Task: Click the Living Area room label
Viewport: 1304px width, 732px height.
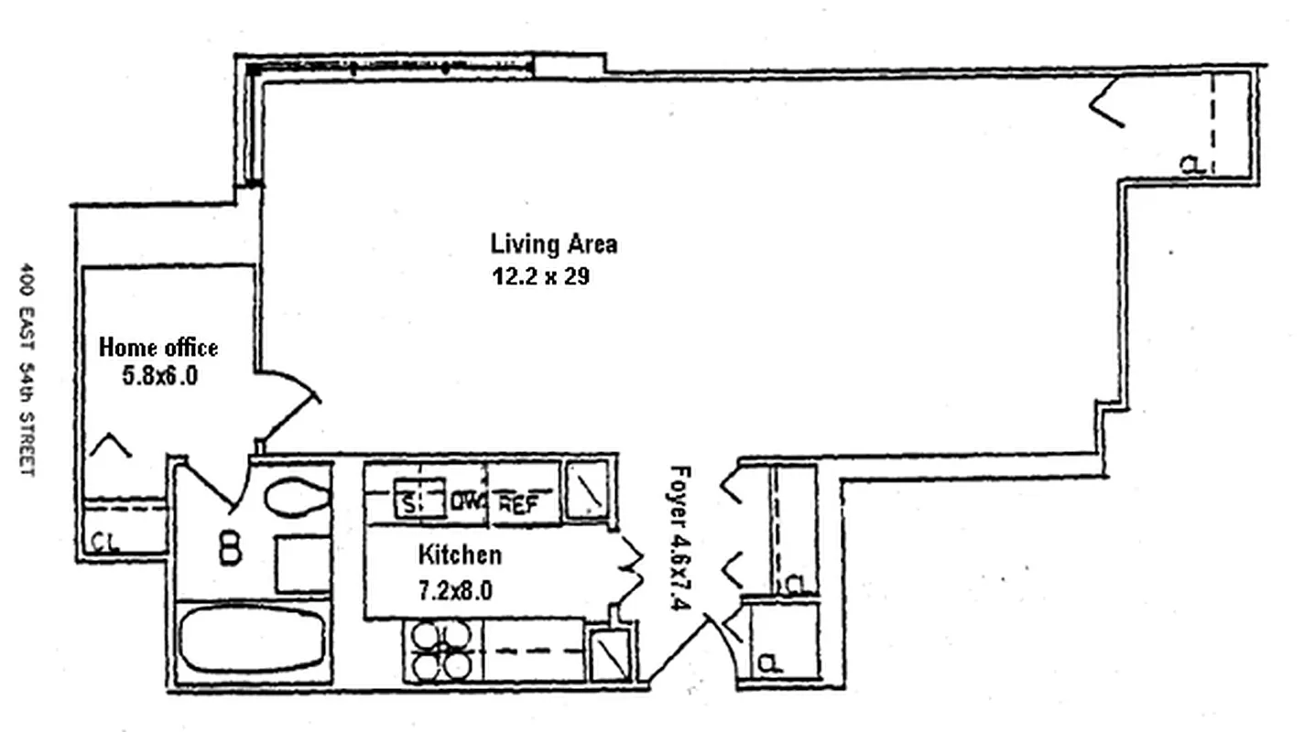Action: coord(554,243)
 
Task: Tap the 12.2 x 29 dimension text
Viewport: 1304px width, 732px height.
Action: coord(541,275)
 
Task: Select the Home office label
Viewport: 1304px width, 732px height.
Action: coord(158,348)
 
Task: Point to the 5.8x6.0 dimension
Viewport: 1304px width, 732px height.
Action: coord(160,376)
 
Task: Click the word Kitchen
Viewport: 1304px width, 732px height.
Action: coord(460,554)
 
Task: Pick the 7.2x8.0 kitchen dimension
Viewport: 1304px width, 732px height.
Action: coord(456,590)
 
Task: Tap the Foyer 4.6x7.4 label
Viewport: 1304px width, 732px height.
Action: coord(680,538)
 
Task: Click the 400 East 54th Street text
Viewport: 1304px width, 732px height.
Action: coord(27,370)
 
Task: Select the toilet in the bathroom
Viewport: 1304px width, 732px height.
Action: coord(298,498)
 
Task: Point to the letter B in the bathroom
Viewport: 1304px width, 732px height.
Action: coord(230,549)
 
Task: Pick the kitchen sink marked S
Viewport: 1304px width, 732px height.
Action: coord(419,498)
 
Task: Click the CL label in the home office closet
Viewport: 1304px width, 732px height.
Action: coord(105,543)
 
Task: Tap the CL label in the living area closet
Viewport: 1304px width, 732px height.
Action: coord(1192,166)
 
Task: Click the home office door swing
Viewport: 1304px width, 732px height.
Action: coord(288,405)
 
